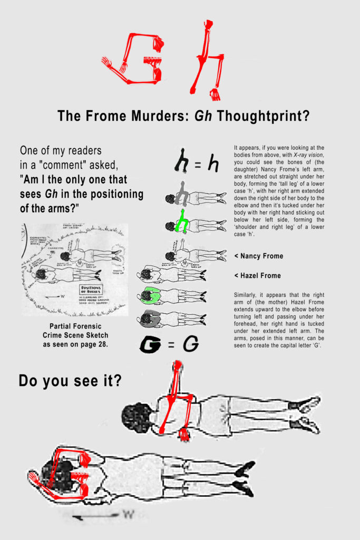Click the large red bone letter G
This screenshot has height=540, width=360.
click(138, 58)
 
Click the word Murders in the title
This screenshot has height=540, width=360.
click(153, 116)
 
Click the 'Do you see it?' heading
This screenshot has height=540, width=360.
click(70, 380)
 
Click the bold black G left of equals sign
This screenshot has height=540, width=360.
click(150, 345)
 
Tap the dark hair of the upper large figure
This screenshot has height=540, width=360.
click(136, 417)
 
